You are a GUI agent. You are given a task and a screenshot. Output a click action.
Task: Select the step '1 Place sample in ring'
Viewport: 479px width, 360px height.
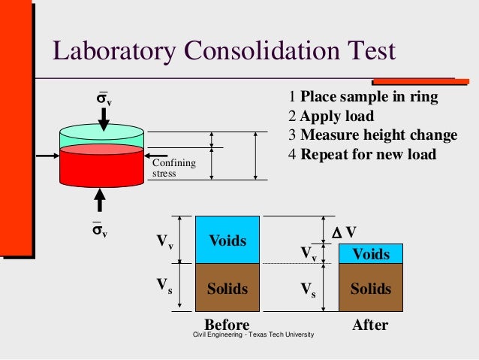pos(363,98)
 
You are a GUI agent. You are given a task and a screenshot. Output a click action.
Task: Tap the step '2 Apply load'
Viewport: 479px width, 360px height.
pos(330,116)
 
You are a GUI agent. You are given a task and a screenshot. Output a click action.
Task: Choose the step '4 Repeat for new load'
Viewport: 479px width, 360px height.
pos(362,155)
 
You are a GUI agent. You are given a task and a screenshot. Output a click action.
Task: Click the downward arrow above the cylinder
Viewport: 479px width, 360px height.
pos(103,119)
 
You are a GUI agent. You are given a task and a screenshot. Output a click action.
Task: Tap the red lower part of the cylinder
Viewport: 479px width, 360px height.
pos(101,165)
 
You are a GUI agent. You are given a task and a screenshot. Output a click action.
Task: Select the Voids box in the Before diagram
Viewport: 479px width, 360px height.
pos(227,240)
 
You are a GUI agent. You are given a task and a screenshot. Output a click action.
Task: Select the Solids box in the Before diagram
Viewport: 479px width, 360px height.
pos(227,288)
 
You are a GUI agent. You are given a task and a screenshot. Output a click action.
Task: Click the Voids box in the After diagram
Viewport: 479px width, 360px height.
pos(370,254)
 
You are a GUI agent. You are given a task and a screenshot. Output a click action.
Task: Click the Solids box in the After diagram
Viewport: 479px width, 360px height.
pos(370,289)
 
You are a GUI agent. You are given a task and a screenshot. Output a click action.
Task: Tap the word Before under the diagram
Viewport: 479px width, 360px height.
pos(227,325)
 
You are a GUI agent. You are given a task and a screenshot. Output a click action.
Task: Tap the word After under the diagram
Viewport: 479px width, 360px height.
pos(370,325)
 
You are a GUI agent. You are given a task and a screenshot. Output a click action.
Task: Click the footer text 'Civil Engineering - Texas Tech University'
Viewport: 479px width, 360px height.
pos(253,334)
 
